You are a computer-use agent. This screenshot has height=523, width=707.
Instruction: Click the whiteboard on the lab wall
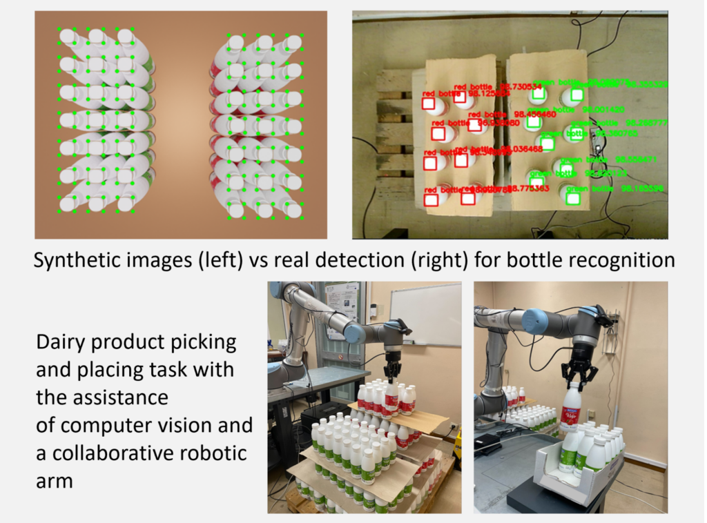pyautogui.click(x=425, y=313)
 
